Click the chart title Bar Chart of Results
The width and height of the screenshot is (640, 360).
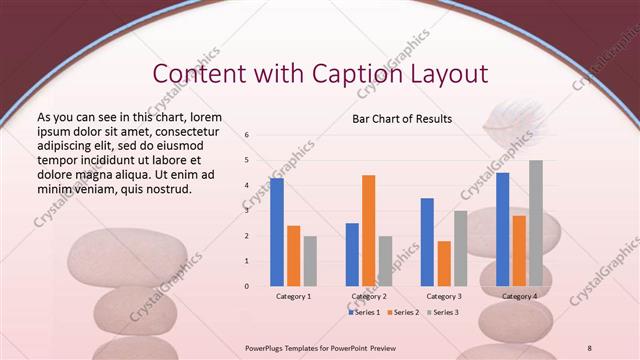402,119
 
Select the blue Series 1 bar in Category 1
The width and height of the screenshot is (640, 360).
277,232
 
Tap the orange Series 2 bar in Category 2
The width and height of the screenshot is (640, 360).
368,230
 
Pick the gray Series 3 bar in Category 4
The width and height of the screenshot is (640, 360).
536,223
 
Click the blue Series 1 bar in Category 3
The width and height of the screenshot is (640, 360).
427,242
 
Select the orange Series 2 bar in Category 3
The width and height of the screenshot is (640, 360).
443,263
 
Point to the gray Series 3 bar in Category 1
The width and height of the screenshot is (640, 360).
310,261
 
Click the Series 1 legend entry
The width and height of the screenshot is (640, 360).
365,312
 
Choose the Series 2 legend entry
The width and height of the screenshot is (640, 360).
403,312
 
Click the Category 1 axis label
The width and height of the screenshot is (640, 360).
293,297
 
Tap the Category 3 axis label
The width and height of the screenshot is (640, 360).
443,297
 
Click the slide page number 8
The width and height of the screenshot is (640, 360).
590,347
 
